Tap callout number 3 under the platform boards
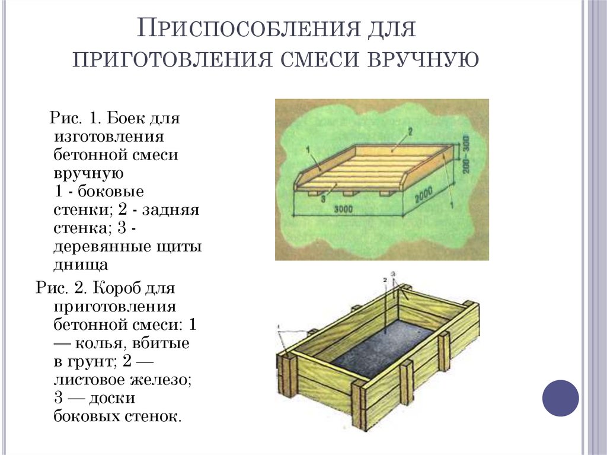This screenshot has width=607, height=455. pos(324,201)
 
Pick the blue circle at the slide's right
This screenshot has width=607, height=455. pos(560,397)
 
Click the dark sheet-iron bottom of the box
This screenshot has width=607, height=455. pos(379,350)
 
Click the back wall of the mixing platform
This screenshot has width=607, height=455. pos(403,148)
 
